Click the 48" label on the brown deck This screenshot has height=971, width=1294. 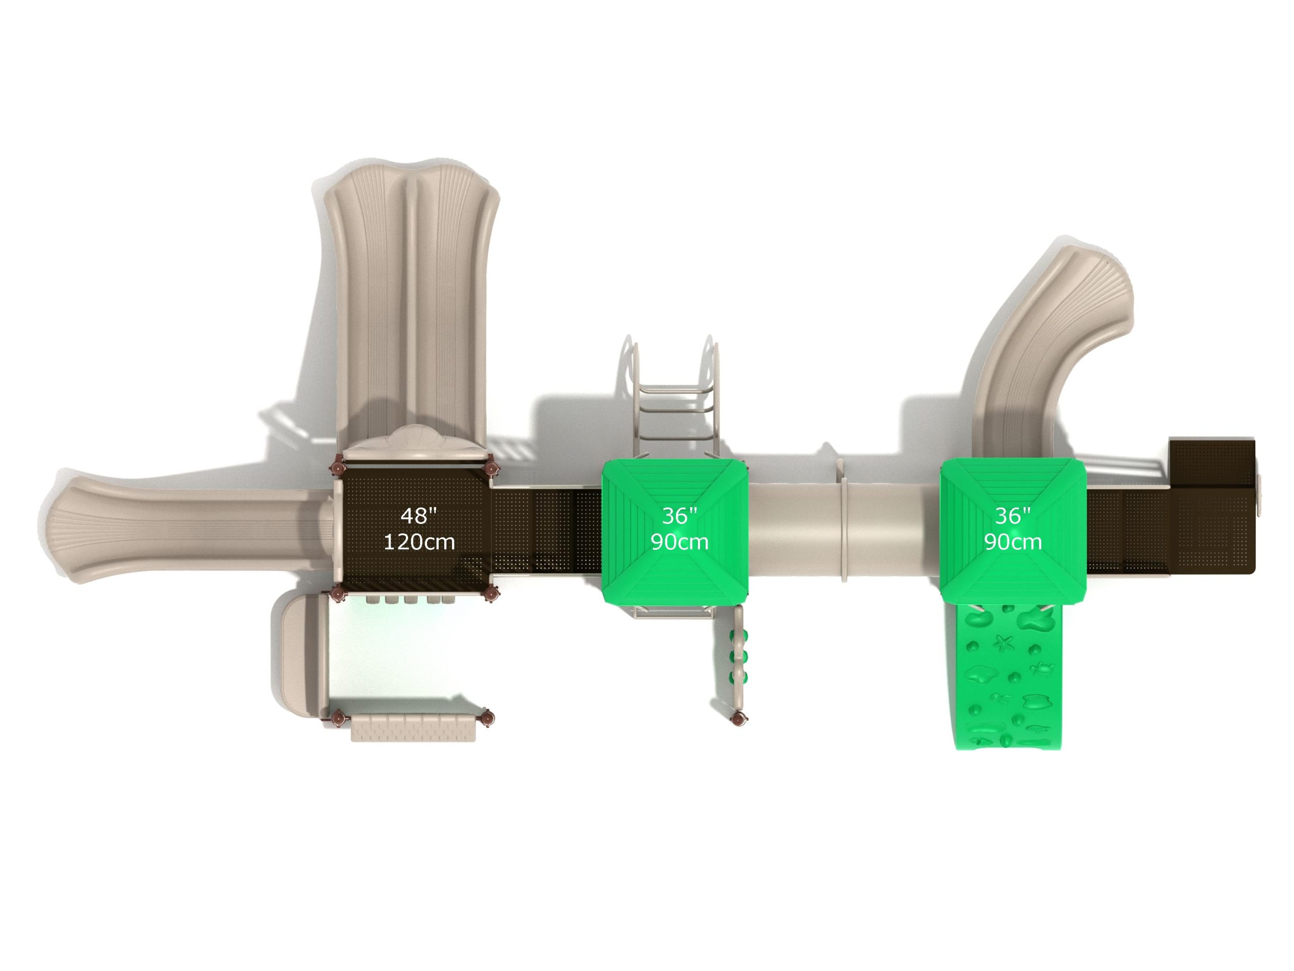pyautogui.click(x=419, y=516)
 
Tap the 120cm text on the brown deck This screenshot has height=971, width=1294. pyautogui.click(x=419, y=542)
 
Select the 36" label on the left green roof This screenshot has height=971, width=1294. pyautogui.click(x=679, y=516)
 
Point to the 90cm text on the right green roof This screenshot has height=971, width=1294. pyautogui.click(x=1012, y=542)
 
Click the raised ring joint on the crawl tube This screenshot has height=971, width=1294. pyautogui.click(x=844, y=521)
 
